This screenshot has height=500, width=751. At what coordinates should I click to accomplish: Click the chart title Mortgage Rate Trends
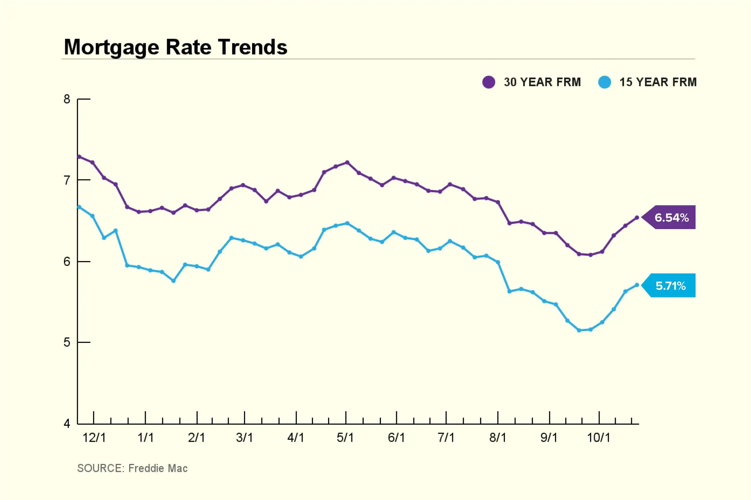(x=175, y=47)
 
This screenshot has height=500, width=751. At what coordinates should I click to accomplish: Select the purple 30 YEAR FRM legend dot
(x=488, y=82)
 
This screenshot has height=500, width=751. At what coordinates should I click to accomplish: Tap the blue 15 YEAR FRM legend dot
(x=604, y=82)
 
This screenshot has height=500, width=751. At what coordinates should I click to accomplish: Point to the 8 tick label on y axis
(x=67, y=99)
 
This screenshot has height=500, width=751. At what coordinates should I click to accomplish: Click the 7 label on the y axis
(x=67, y=180)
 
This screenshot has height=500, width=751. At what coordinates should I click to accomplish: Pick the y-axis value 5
(x=67, y=342)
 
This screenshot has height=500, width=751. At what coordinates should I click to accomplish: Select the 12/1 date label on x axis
(x=94, y=438)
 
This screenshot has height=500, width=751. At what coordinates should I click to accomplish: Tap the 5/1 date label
(x=345, y=438)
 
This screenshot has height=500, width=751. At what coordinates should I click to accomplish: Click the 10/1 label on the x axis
(x=598, y=438)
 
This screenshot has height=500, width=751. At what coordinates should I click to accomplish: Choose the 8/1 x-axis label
(x=497, y=438)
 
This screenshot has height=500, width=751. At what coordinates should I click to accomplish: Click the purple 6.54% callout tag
(x=671, y=218)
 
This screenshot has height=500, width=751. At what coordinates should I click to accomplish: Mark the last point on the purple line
(x=637, y=218)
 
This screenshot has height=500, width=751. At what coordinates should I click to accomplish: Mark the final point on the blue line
(x=637, y=285)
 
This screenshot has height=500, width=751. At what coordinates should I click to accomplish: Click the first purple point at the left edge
(x=79, y=157)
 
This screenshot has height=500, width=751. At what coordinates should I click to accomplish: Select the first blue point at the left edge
(x=79, y=207)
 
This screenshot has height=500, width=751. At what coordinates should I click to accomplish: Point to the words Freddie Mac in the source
(x=158, y=468)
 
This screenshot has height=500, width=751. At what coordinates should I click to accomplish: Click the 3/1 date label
(x=245, y=438)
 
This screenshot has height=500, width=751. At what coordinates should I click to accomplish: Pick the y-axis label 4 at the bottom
(x=67, y=423)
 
